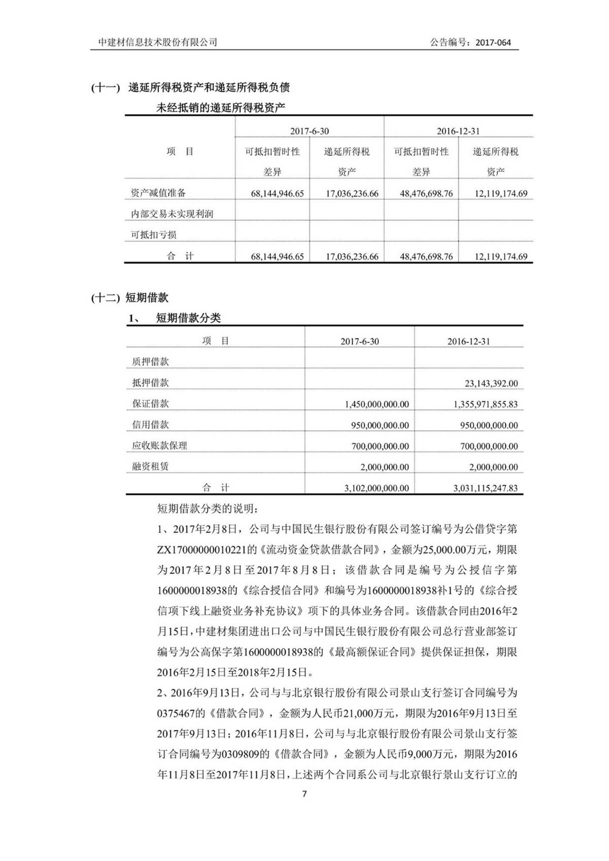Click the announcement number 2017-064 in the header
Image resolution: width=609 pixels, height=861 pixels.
coord(493,43)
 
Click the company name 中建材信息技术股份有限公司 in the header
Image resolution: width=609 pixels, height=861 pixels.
coord(158,43)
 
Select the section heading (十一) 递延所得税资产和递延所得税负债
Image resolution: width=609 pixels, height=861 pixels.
coord(190,87)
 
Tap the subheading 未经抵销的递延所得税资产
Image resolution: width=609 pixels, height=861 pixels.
coord(220,108)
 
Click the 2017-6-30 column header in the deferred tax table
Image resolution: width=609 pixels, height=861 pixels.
coord(309,131)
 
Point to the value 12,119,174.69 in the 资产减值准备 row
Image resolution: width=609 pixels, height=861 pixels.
coord(501,193)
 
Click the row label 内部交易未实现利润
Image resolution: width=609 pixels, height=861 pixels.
coord(172,214)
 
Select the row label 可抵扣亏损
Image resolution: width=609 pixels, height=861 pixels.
coord(154,235)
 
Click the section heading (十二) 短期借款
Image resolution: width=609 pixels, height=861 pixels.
coord(129,298)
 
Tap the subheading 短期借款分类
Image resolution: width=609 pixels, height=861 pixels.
coord(188,318)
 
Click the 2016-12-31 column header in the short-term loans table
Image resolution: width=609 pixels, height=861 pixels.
coord(468,341)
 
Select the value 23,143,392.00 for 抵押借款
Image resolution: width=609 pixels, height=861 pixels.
coord(491,384)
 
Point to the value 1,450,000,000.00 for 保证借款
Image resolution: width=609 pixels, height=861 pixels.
coord(377,404)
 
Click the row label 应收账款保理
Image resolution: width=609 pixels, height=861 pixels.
coord(159,446)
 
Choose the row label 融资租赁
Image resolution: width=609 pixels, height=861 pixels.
coord(150,467)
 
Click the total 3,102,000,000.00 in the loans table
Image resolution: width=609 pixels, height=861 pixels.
coord(377,488)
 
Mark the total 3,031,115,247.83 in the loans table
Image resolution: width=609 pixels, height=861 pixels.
coord(486,488)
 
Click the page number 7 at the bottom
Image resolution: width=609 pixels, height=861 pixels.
coord(304,794)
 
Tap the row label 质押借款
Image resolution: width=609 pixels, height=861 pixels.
coord(150,362)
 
